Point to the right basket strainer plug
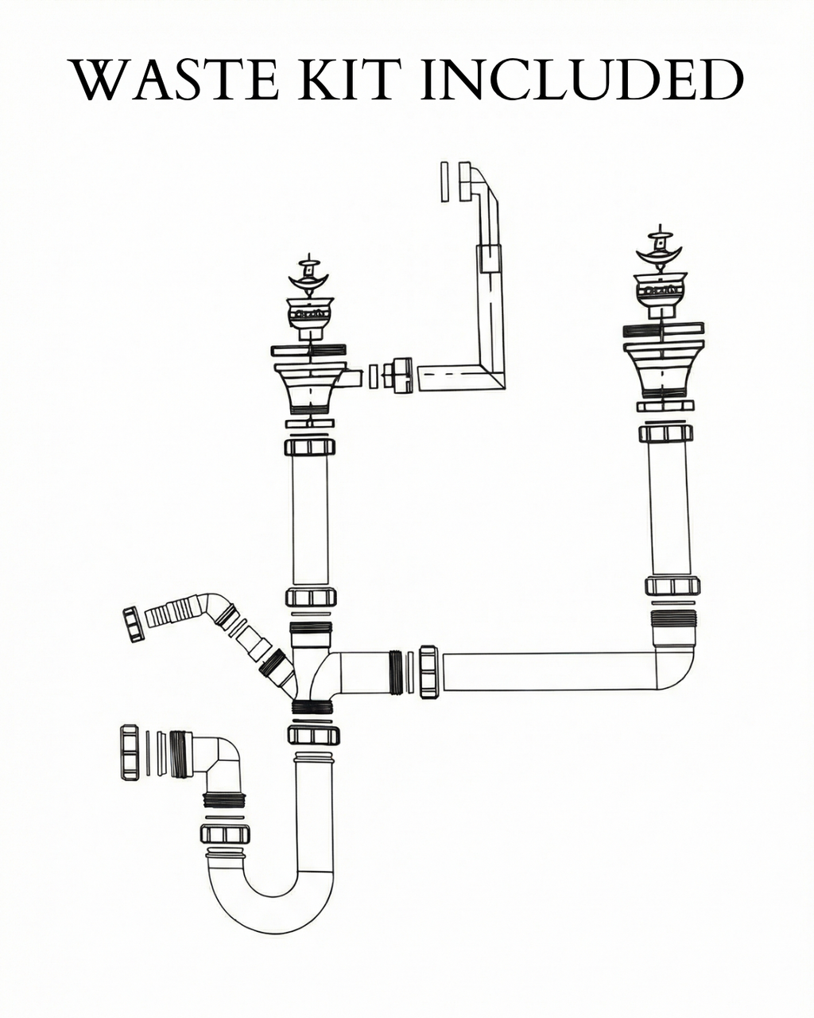(x=659, y=248)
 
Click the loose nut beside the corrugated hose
(x=134, y=624)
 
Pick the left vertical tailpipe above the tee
(x=310, y=519)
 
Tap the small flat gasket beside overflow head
(x=444, y=182)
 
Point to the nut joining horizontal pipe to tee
(x=428, y=672)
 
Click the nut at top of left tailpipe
(x=310, y=446)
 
